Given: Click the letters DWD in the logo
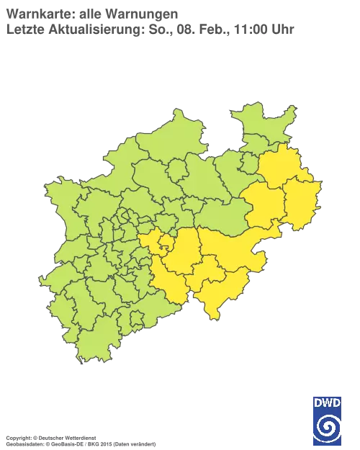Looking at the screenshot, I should click(x=327, y=401).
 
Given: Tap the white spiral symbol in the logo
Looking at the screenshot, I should click(x=327, y=423).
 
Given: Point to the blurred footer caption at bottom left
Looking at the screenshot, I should click(x=79, y=438).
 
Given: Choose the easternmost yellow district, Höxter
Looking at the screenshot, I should click(x=302, y=201).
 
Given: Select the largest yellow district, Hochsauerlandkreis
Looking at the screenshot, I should click(x=230, y=248).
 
